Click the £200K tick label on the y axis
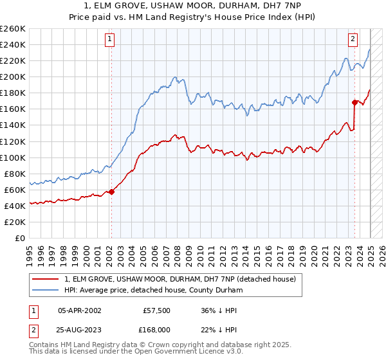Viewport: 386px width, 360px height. pos(12,76)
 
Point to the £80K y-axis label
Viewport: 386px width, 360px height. pos(14,174)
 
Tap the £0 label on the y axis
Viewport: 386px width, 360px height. pos(21,238)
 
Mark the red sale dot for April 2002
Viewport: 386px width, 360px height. pos(111,191)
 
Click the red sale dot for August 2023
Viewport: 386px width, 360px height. pos(354,102)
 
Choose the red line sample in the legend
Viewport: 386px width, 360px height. pos(46,279)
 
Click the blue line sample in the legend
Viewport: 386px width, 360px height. pos(46,290)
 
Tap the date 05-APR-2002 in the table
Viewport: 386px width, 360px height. pos(80,310)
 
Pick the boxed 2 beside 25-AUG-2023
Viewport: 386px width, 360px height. pos(33,330)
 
